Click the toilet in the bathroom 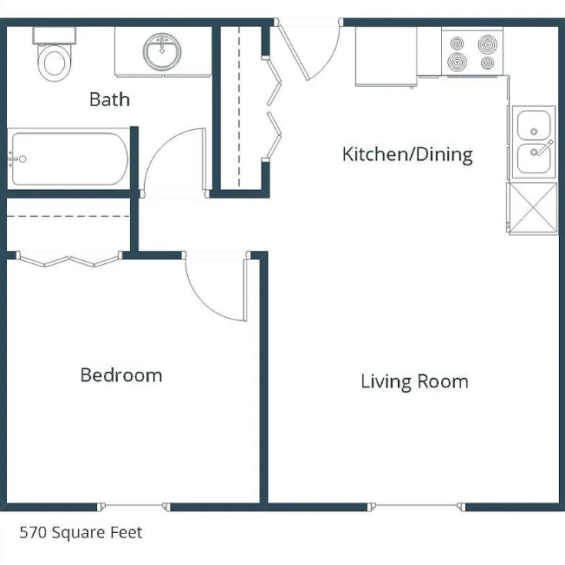tap(55, 54)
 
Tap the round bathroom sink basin tap(162, 51)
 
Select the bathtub tap(68, 159)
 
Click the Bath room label tap(109, 100)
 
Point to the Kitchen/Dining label tap(407, 154)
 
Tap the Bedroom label tap(121, 375)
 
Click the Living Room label tap(415, 381)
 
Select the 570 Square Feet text tap(81, 533)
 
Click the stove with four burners tap(472, 53)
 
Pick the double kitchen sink tap(534, 142)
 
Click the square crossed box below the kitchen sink tap(533, 208)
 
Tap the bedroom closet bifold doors tap(69, 260)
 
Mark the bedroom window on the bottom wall tap(134, 506)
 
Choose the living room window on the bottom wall tap(417, 506)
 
